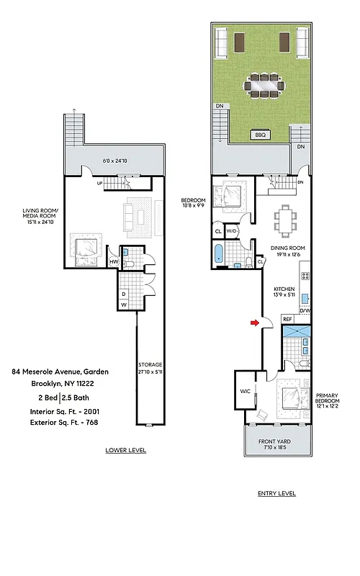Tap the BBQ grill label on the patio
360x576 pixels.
point(259,135)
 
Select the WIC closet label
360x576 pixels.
point(245,392)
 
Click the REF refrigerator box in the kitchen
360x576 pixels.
point(287,318)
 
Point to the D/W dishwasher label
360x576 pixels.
point(306,310)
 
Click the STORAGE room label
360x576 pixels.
point(150,369)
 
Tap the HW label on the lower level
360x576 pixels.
point(113,262)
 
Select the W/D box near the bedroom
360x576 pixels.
point(232,231)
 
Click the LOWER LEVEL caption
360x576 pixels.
point(125,450)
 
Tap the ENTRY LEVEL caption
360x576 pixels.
point(276,494)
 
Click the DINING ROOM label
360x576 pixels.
point(287,251)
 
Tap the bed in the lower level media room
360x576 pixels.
point(86,247)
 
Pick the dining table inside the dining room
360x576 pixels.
point(287,219)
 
